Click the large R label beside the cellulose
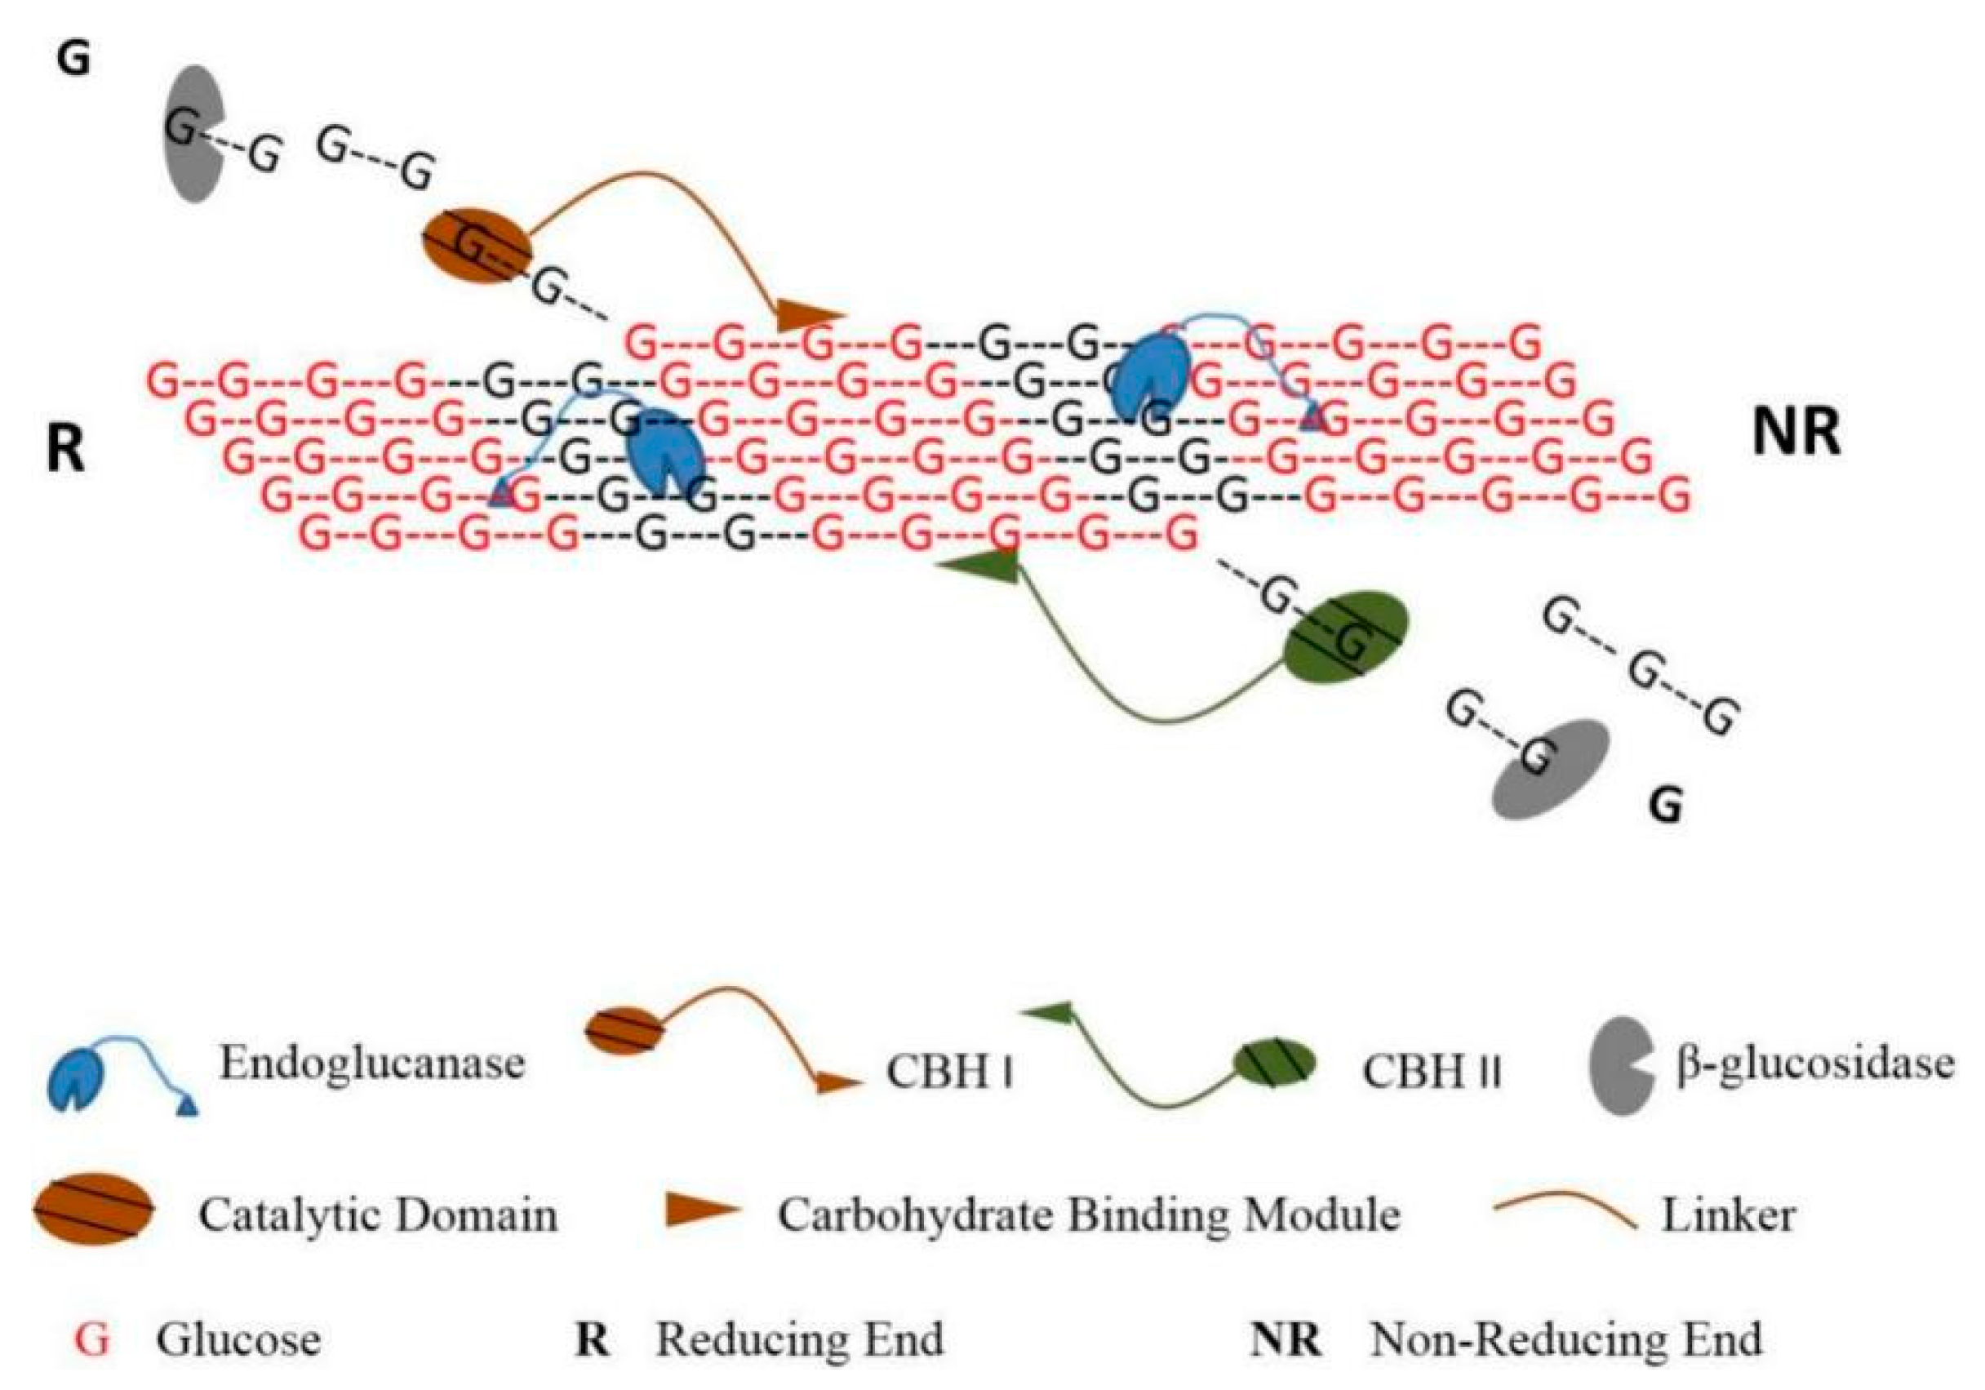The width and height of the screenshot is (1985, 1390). [x=67, y=450]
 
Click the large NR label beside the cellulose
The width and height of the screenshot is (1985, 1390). [x=1796, y=433]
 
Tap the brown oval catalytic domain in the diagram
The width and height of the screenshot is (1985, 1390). [x=477, y=246]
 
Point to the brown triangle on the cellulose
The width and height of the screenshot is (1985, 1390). [x=806, y=316]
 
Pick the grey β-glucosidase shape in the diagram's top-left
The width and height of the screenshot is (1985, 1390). [x=193, y=134]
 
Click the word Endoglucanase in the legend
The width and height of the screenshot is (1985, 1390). [x=371, y=1063]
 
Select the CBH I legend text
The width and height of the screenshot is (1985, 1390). [x=948, y=1072]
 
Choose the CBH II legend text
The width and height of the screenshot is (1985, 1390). [x=1432, y=1072]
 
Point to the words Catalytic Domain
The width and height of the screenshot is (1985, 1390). [x=378, y=1215]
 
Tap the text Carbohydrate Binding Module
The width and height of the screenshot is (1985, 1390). [x=1089, y=1215]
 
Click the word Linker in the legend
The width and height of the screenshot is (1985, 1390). [x=1728, y=1215]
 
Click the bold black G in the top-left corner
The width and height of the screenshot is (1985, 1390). [x=73, y=59]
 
